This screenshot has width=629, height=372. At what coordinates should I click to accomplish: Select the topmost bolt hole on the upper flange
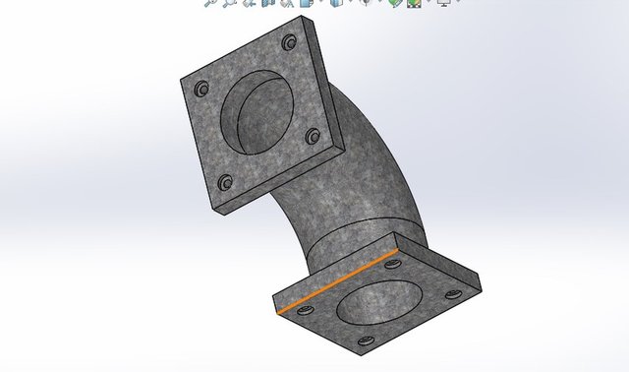coord(290,43)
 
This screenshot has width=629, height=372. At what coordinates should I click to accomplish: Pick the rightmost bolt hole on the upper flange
coord(314,136)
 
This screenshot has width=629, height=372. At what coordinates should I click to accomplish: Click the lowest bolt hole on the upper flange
coord(225,182)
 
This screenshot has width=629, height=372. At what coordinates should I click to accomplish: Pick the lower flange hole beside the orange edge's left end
coord(302,312)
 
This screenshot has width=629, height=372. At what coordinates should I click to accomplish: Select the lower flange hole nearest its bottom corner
coord(365,341)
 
